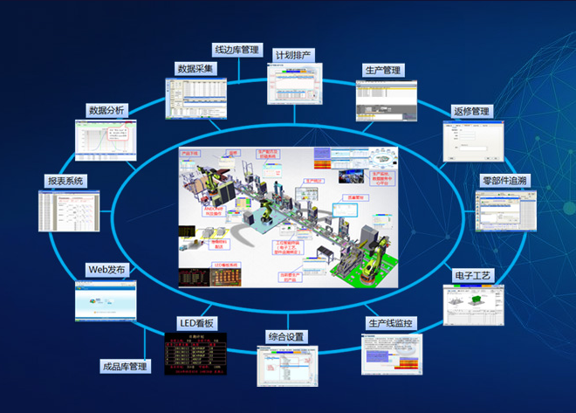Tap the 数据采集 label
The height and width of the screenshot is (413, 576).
pos(196,68)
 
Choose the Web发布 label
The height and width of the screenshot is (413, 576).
pos(107,269)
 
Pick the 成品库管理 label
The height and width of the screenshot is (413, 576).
pos(125,367)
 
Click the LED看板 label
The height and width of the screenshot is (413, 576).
pos(195,323)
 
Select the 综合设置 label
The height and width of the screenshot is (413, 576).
pos(286,336)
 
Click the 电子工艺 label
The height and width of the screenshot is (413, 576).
pos(474,276)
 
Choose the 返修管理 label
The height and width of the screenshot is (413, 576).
pos(472,112)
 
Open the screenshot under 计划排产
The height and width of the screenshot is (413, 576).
pos(294,86)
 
